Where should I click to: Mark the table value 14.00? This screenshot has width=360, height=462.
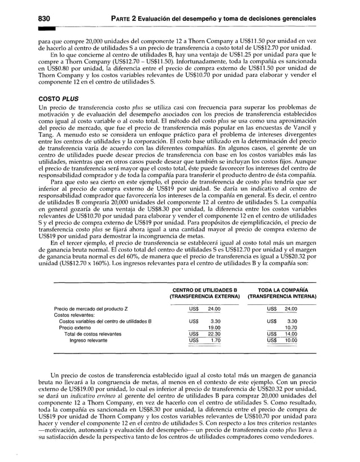[x=291, y=334]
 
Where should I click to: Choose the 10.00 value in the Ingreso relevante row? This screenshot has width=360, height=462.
[x=291, y=340]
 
